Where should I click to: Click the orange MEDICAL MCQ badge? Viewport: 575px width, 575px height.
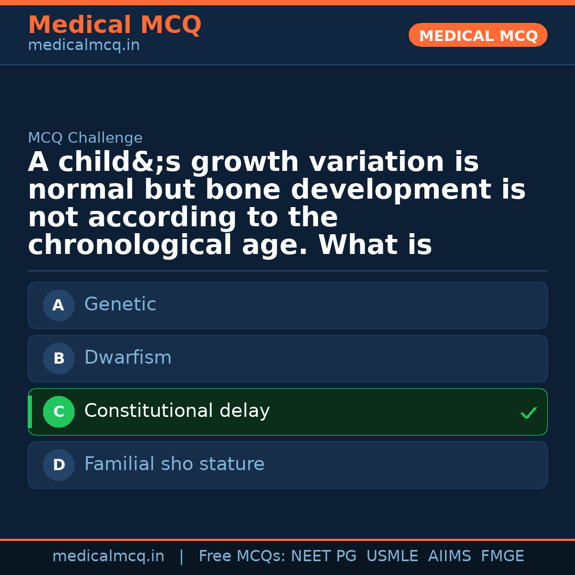pyautogui.click(x=478, y=35)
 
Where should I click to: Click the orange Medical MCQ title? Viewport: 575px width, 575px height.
pyautogui.click(x=115, y=24)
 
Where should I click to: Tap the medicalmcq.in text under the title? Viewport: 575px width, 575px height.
pyautogui.click(x=84, y=45)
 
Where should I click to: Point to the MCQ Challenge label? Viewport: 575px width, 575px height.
pyautogui.click(x=85, y=137)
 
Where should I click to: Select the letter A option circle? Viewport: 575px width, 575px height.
pyautogui.click(x=59, y=305)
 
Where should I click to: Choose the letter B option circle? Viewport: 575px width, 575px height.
pyautogui.click(x=59, y=358)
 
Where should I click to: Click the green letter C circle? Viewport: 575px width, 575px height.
pyautogui.click(x=59, y=412)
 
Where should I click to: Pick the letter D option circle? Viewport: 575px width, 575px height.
pyautogui.click(x=59, y=465)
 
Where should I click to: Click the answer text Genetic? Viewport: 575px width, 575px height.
pyautogui.click(x=120, y=304)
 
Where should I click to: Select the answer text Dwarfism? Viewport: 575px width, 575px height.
pyautogui.click(x=128, y=357)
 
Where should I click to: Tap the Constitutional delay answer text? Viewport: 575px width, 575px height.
pyautogui.click(x=177, y=410)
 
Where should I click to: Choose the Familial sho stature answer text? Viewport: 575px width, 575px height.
pyautogui.click(x=175, y=464)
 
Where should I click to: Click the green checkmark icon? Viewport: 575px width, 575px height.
pyautogui.click(x=529, y=413)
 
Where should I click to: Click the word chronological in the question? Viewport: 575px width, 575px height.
pyautogui.click(x=130, y=245)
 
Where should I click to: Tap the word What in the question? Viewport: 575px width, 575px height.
pyautogui.click(x=358, y=244)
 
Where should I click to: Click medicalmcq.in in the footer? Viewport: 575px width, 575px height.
pyautogui.click(x=109, y=556)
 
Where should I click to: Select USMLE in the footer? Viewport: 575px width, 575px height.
pyautogui.click(x=392, y=556)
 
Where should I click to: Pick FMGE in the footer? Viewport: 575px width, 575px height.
pyautogui.click(x=503, y=556)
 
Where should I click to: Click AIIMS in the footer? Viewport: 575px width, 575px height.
pyautogui.click(x=449, y=556)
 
